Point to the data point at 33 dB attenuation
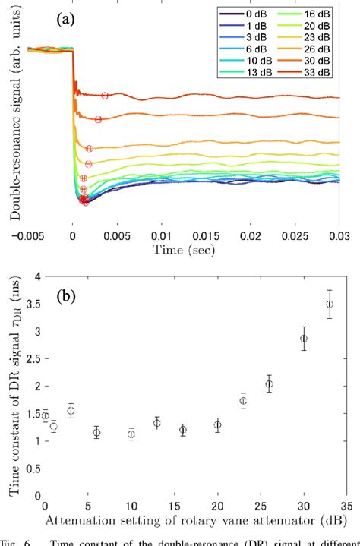coord(329,304)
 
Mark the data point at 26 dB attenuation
coord(269,384)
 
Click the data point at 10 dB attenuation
coord(131,434)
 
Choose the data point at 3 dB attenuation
coord(71,411)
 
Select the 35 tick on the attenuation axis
coord(346,506)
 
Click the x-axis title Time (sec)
coord(182,249)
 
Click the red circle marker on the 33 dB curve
coord(105,95)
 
